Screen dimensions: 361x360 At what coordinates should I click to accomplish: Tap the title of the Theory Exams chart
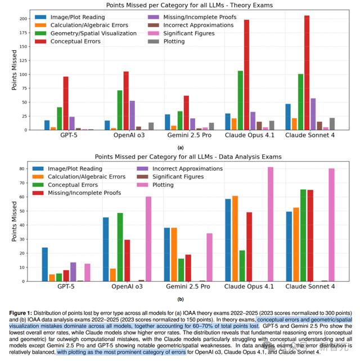pyautogui.click(x=180, y=5)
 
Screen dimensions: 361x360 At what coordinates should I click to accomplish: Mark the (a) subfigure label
pyautogui.click(x=180, y=147)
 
